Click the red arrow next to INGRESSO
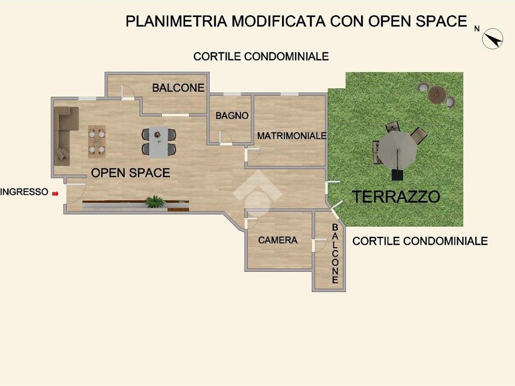[55, 194]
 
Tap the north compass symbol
[492, 39]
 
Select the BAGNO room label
[232, 116]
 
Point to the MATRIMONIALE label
[292, 136]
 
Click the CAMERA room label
[278, 240]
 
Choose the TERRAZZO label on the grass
[396, 197]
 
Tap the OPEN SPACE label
[130, 173]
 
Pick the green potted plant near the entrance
[155, 201]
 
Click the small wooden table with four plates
[97, 142]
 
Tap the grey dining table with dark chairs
[158, 142]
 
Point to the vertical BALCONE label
[335, 254]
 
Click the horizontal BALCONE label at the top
[179, 87]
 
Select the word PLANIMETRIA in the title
[177, 21]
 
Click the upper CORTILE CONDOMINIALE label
[261, 56]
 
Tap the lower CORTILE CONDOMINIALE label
[420, 241]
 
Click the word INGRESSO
[24, 191]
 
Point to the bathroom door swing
[226, 137]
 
